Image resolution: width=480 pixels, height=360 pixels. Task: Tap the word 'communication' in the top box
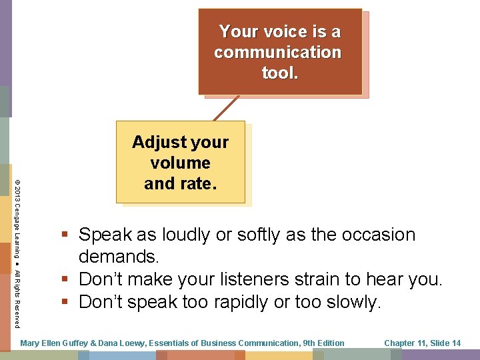click(x=277, y=52)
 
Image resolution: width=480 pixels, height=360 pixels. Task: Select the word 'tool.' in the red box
click(x=280, y=73)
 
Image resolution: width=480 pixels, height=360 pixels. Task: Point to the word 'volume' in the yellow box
click(x=180, y=163)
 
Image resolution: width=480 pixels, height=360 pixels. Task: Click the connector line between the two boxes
click(x=227, y=108)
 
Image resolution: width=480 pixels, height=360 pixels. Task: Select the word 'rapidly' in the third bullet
click(x=251, y=302)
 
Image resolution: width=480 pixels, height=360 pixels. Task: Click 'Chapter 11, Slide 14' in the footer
click(x=422, y=343)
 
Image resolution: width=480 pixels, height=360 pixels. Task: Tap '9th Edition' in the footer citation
click(x=323, y=343)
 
